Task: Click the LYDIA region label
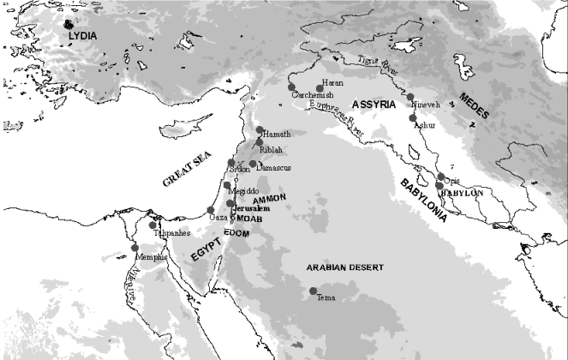click(83, 35)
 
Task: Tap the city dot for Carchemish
click(291, 88)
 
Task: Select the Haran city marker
click(320, 87)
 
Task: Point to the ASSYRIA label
click(368, 104)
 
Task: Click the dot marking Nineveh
click(410, 97)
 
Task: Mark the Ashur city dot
click(413, 117)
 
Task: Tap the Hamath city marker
click(260, 129)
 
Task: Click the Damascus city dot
click(253, 164)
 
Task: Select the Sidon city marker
click(230, 162)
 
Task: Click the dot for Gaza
click(211, 211)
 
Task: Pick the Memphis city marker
click(135, 248)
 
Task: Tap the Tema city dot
click(313, 291)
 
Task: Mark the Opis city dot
click(440, 177)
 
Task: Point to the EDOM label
click(235, 232)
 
